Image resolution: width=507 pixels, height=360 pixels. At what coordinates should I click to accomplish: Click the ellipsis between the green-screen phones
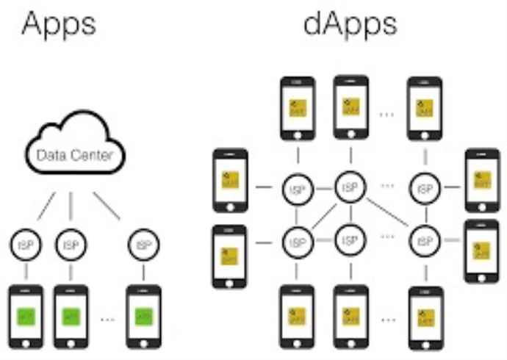point(107,320)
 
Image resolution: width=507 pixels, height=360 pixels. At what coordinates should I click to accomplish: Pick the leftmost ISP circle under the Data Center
point(26,242)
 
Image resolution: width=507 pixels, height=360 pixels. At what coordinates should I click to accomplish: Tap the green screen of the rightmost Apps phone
point(143,317)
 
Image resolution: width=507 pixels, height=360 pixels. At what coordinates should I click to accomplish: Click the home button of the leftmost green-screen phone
point(26,343)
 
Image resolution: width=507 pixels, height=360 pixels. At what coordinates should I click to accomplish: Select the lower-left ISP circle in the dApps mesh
point(298,240)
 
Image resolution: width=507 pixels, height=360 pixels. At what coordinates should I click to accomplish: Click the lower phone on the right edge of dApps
point(482,250)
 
